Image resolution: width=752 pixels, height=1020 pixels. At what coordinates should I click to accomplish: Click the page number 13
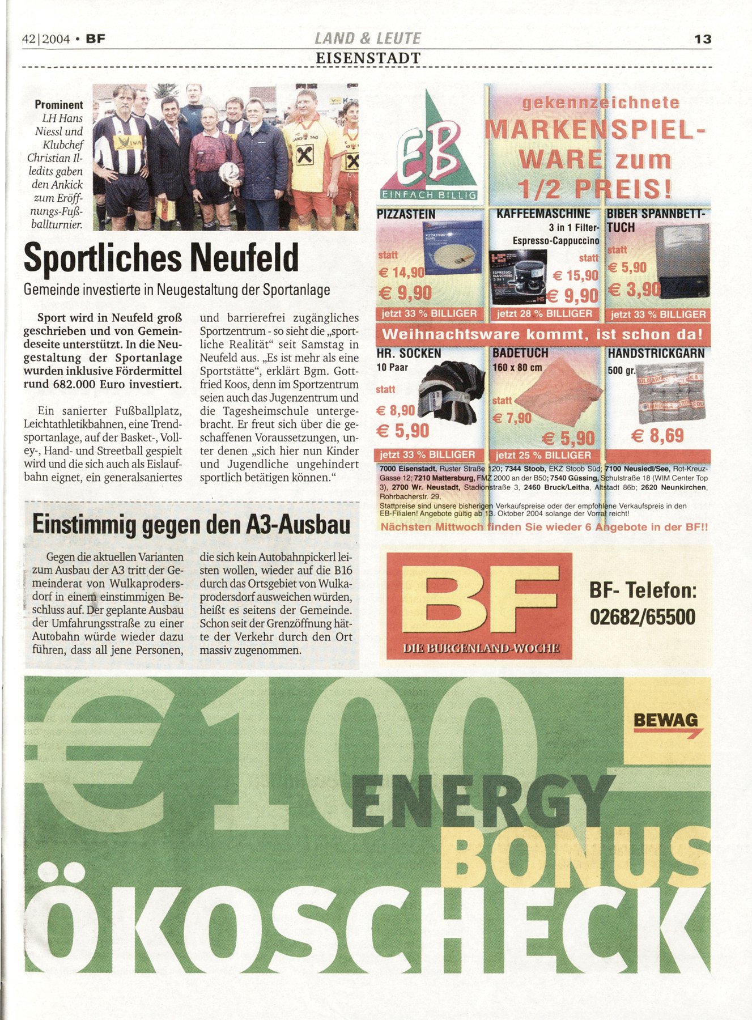click(702, 39)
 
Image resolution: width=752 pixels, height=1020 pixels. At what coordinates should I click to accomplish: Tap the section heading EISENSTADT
click(368, 58)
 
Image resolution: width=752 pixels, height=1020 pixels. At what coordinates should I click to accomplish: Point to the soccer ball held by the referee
click(230, 172)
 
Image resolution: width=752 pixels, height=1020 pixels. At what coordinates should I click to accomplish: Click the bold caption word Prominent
click(58, 105)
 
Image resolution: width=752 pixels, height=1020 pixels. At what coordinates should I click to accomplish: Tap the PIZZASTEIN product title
click(406, 214)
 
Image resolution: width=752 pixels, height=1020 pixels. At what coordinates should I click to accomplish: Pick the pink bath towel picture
click(558, 390)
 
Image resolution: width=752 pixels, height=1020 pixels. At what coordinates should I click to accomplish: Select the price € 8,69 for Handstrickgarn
click(658, 435)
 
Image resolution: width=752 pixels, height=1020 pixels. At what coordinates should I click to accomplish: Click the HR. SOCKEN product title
click(409, 354)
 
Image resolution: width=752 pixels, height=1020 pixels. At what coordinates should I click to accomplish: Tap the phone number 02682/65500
click(642, 617)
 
